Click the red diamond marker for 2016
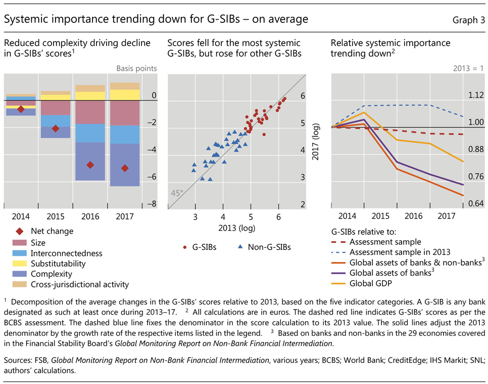click(90, 165)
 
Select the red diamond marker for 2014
click(21, 109)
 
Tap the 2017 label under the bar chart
click(124, 216)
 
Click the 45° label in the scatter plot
click(177, 193)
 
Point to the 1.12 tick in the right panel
click(476, 95)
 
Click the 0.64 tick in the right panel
click(476, 204)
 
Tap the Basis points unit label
click(136, 68)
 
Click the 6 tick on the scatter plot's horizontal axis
click(278, 217)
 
